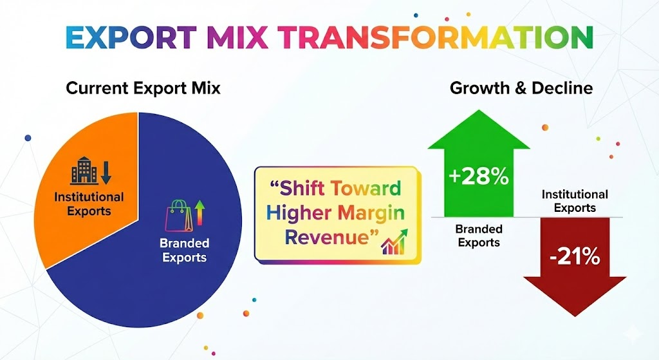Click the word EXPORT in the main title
pyautogui.click(x=131, y=37)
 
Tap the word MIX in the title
pyautogui.click(x=237, y=37)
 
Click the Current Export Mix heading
pyautogui.click(x=144, y=88)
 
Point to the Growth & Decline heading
pyautogui.click(x=521, y=88)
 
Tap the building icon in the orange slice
pyautogui.click(x=84, y=171)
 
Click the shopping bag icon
pyautogui.click(x=179, y=215)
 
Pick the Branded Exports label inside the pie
pyautogui.click(x=185, y=251)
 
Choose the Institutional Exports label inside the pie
pyautogui.click(x=89, y=204)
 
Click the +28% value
pyautogui.click(x=479, y=176)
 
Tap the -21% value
pyautogui.click(x=575, y=256)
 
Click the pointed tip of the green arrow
pyautogui.click(x=479, y=110)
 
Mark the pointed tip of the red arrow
pyautogui.click(x=575, y=316)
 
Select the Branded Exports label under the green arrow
pyautogui.click(x=479, y=236)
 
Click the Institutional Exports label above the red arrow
pyautogui.click(x=575, y=201)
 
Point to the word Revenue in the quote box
pyautogui.click(x=326, y=237)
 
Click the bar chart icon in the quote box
pyautogui.click(x=394, y=243)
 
